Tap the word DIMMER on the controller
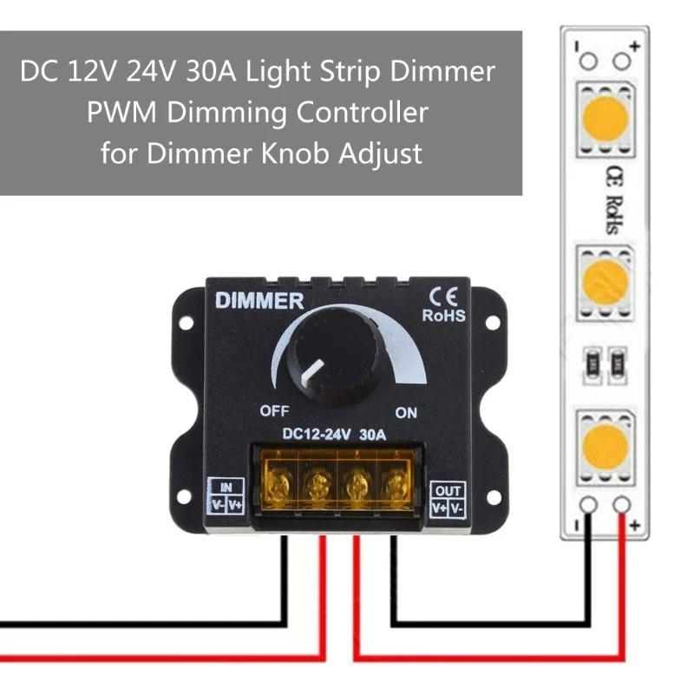(259, 302)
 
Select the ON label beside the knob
(407, 410)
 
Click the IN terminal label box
(226, 496)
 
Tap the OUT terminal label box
(448, 497)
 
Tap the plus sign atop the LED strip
(635, 44)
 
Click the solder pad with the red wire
(621, 506)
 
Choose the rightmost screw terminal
(396, 481)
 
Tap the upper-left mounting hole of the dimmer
(184, 322)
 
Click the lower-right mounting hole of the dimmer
(492, 497)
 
